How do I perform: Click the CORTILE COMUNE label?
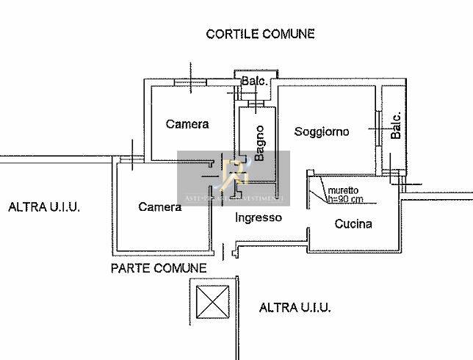tap(260, 34)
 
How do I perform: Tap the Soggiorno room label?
tap(322, 132)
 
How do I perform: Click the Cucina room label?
tap(353, 224)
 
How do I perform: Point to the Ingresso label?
tap(259, 217)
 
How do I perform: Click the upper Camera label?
tap(187, 124)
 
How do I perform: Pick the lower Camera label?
tap(160, 207)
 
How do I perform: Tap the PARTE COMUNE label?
tap(158, 268)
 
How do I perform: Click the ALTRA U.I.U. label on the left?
tap(44, 207)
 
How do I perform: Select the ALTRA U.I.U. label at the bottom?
tap(295, 307)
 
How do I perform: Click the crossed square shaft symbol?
tap(213, 302)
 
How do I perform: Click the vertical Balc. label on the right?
tap(396, 127)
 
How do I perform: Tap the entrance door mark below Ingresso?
tap(234, 253)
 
